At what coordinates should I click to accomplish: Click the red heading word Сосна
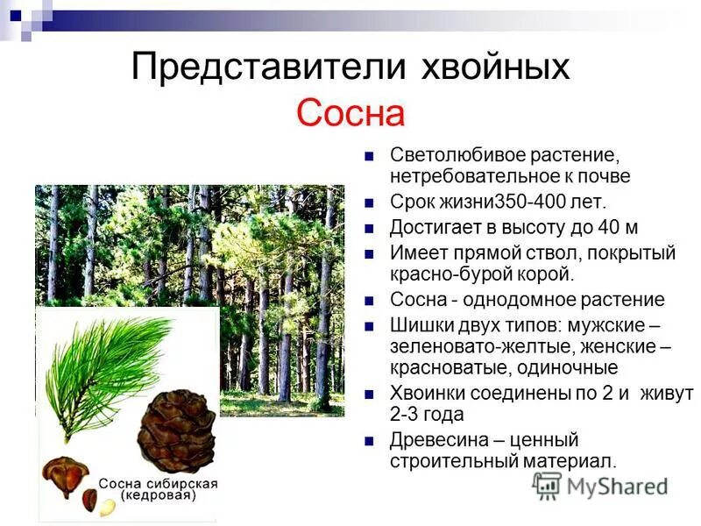tap(350, 113)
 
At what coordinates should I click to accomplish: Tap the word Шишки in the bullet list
tap(417, 324)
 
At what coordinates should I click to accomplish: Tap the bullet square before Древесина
tap(371, 440)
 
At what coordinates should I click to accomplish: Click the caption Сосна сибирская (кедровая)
tap(158, 489)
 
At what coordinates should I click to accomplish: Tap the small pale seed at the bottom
tap(106, 506)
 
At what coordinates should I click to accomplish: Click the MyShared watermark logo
tap(601, 485)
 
